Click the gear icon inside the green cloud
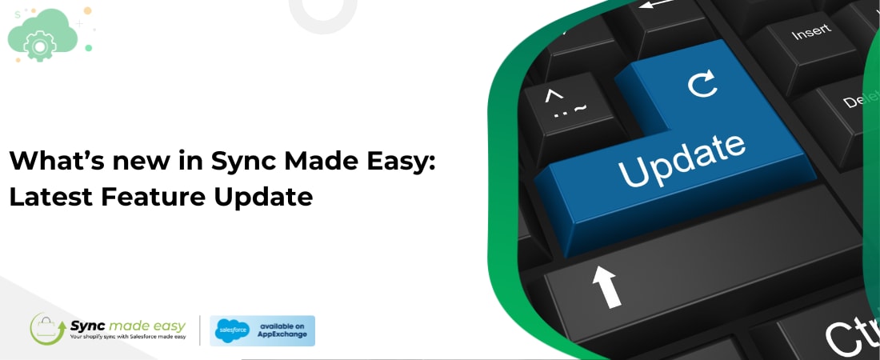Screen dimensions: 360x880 click(x=38, y=46)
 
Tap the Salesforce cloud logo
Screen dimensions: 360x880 click(x=233, y=330)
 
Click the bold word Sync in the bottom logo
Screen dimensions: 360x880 click(x=87, y=325)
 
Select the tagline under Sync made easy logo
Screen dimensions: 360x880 click(x=128, y=336)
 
